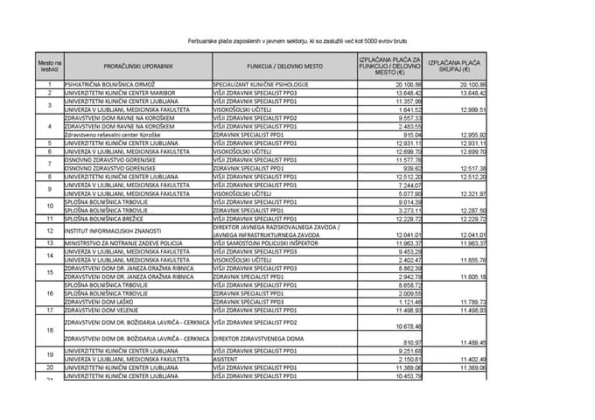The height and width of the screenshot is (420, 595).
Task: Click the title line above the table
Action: pos(297,40)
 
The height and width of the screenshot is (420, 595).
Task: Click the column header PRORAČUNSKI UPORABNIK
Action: pos(136,66)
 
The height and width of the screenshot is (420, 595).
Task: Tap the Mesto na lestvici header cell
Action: pos(50,66)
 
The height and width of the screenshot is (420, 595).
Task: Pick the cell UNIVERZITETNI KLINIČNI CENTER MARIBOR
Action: pos(126,92)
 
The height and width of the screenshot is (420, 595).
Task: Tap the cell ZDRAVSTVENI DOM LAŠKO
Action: pos(99,302)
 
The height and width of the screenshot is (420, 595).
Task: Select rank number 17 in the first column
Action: pos(50,310)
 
